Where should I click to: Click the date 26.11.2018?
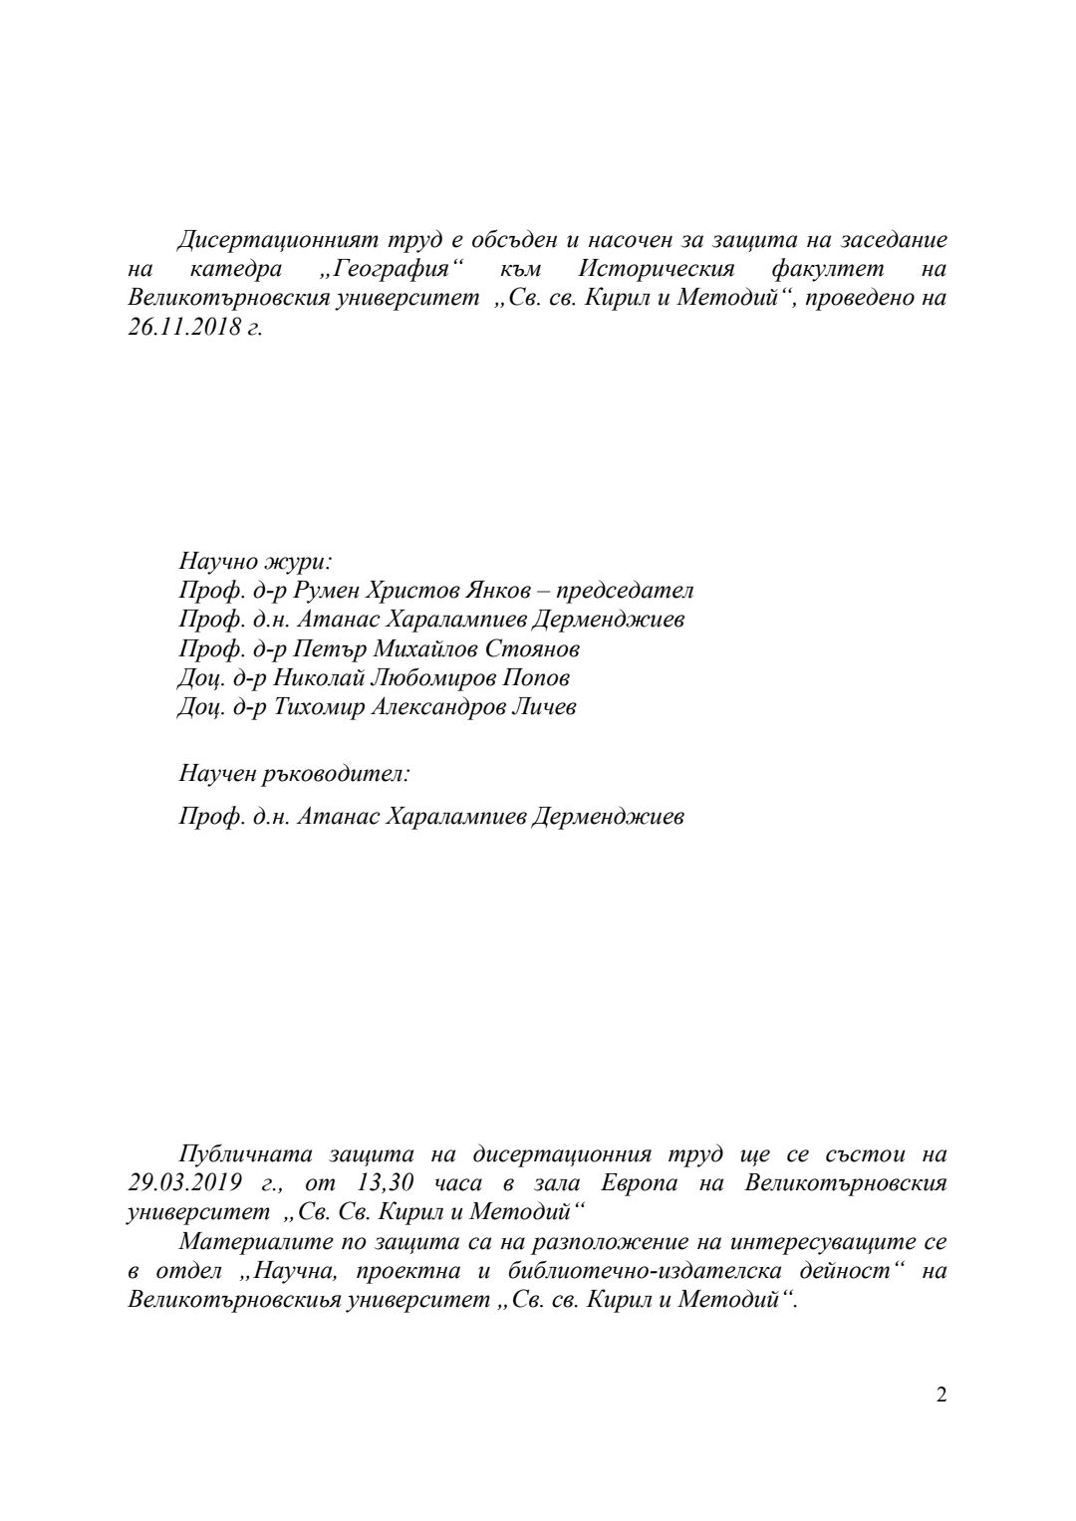coord(179,328)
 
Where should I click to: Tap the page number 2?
coord(941,1394)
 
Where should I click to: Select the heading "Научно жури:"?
coord(255,561)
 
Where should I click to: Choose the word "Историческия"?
coord(657,269)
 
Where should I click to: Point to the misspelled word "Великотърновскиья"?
coord(234,1301)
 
